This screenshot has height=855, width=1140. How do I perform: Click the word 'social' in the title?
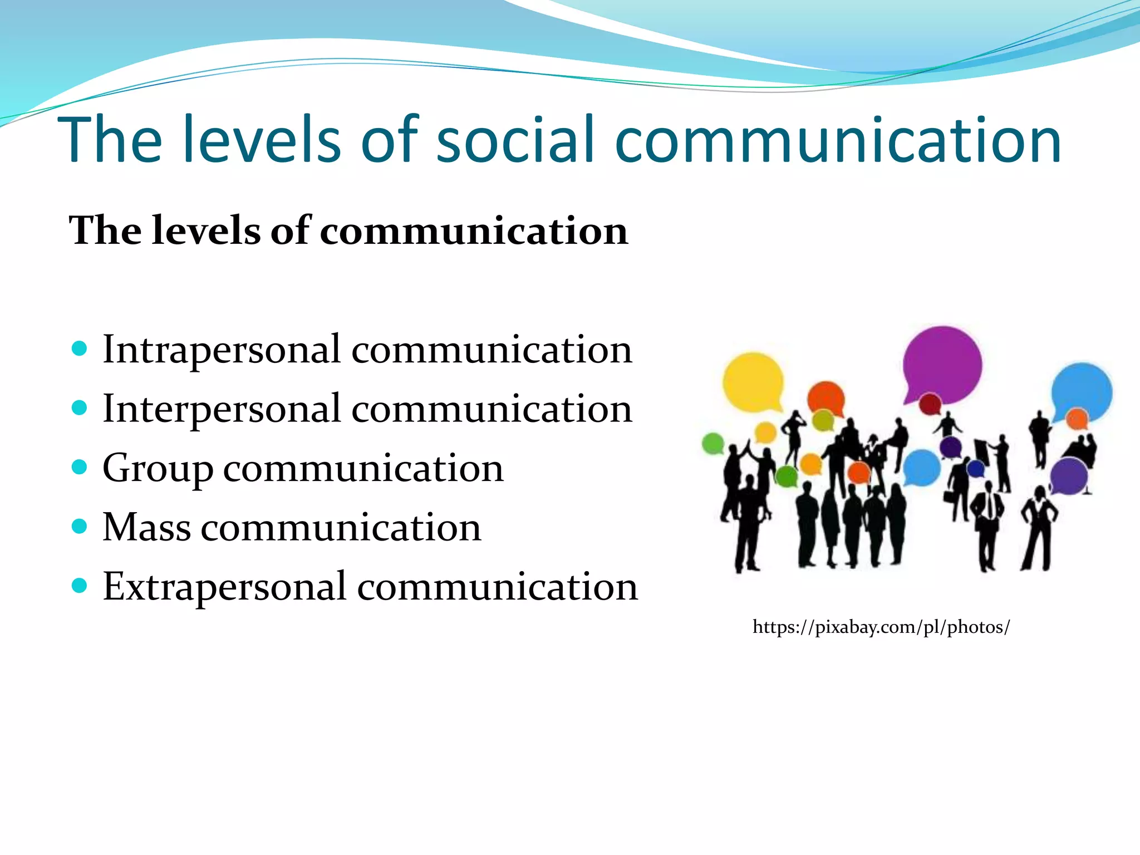[x=515, y=139]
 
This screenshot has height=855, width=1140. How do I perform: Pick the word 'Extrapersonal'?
[x=224, y=587]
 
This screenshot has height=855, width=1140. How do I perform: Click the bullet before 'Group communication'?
[x=80, y=467]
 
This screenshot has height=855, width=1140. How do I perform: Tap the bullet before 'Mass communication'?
[x=80, y=526]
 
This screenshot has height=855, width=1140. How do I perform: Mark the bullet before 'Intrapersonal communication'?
[x=80, y=349]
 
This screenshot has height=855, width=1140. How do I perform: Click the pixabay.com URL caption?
[x=881, y=627]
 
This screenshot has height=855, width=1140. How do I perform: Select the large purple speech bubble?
[x=942, y=365]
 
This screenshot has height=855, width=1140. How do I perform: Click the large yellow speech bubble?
[x=753, y=381]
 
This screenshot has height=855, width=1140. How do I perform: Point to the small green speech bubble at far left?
[x=712, y=444]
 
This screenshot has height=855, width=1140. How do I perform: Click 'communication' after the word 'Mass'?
[x=341, y=527]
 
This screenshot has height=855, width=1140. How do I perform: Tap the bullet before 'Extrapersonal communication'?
[x=80, y=586]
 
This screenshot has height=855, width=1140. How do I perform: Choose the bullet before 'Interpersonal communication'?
[x=80, y=408]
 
